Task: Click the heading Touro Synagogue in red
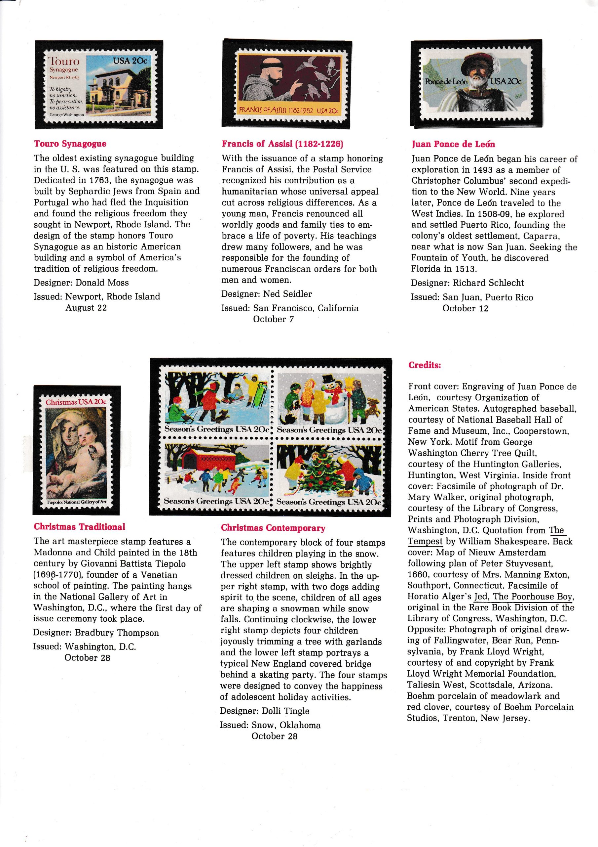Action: click(x=70, y=144)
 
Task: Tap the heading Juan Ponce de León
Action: click(x=453, y=144)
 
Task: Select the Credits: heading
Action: click(x=425, y=365)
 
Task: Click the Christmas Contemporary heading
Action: click(x=273, y=528)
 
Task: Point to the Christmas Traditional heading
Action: click(x=80, y=527)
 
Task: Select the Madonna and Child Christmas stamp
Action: click(x=77, y=450)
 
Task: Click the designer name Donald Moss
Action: click(x=102, y=283)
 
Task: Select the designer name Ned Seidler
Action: click(x=287, y=294)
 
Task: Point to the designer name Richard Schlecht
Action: click(x=488, y=283)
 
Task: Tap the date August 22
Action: click(x=86, y=308)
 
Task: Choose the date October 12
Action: click(x=466, y=308)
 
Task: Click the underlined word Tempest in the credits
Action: click(x=425, y=542)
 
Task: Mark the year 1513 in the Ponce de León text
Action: click(x=459, y=269)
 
